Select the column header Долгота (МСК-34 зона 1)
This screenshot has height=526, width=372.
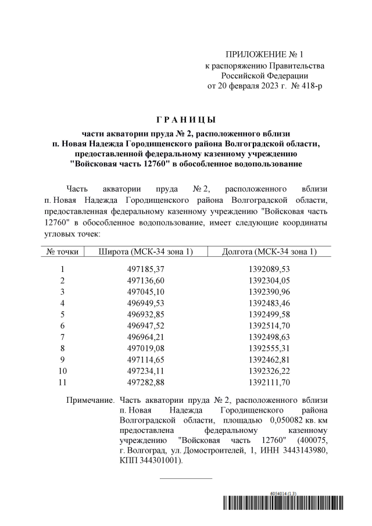click(269, 251)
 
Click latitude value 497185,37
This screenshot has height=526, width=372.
click(146, 269)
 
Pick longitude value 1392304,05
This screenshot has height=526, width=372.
click(269, 280)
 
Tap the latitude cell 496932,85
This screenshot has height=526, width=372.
click(146, 314)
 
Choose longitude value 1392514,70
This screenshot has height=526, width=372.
click(269, 325)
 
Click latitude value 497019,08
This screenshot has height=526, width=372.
click(146, 348)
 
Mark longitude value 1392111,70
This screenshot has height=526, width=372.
click(269, 381)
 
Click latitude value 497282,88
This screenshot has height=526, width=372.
click(146, 381)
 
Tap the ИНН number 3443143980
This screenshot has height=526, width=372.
click(305, 450)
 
